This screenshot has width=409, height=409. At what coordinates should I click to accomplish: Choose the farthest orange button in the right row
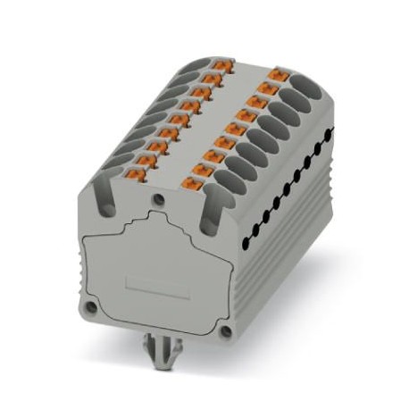click(276, 74)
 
